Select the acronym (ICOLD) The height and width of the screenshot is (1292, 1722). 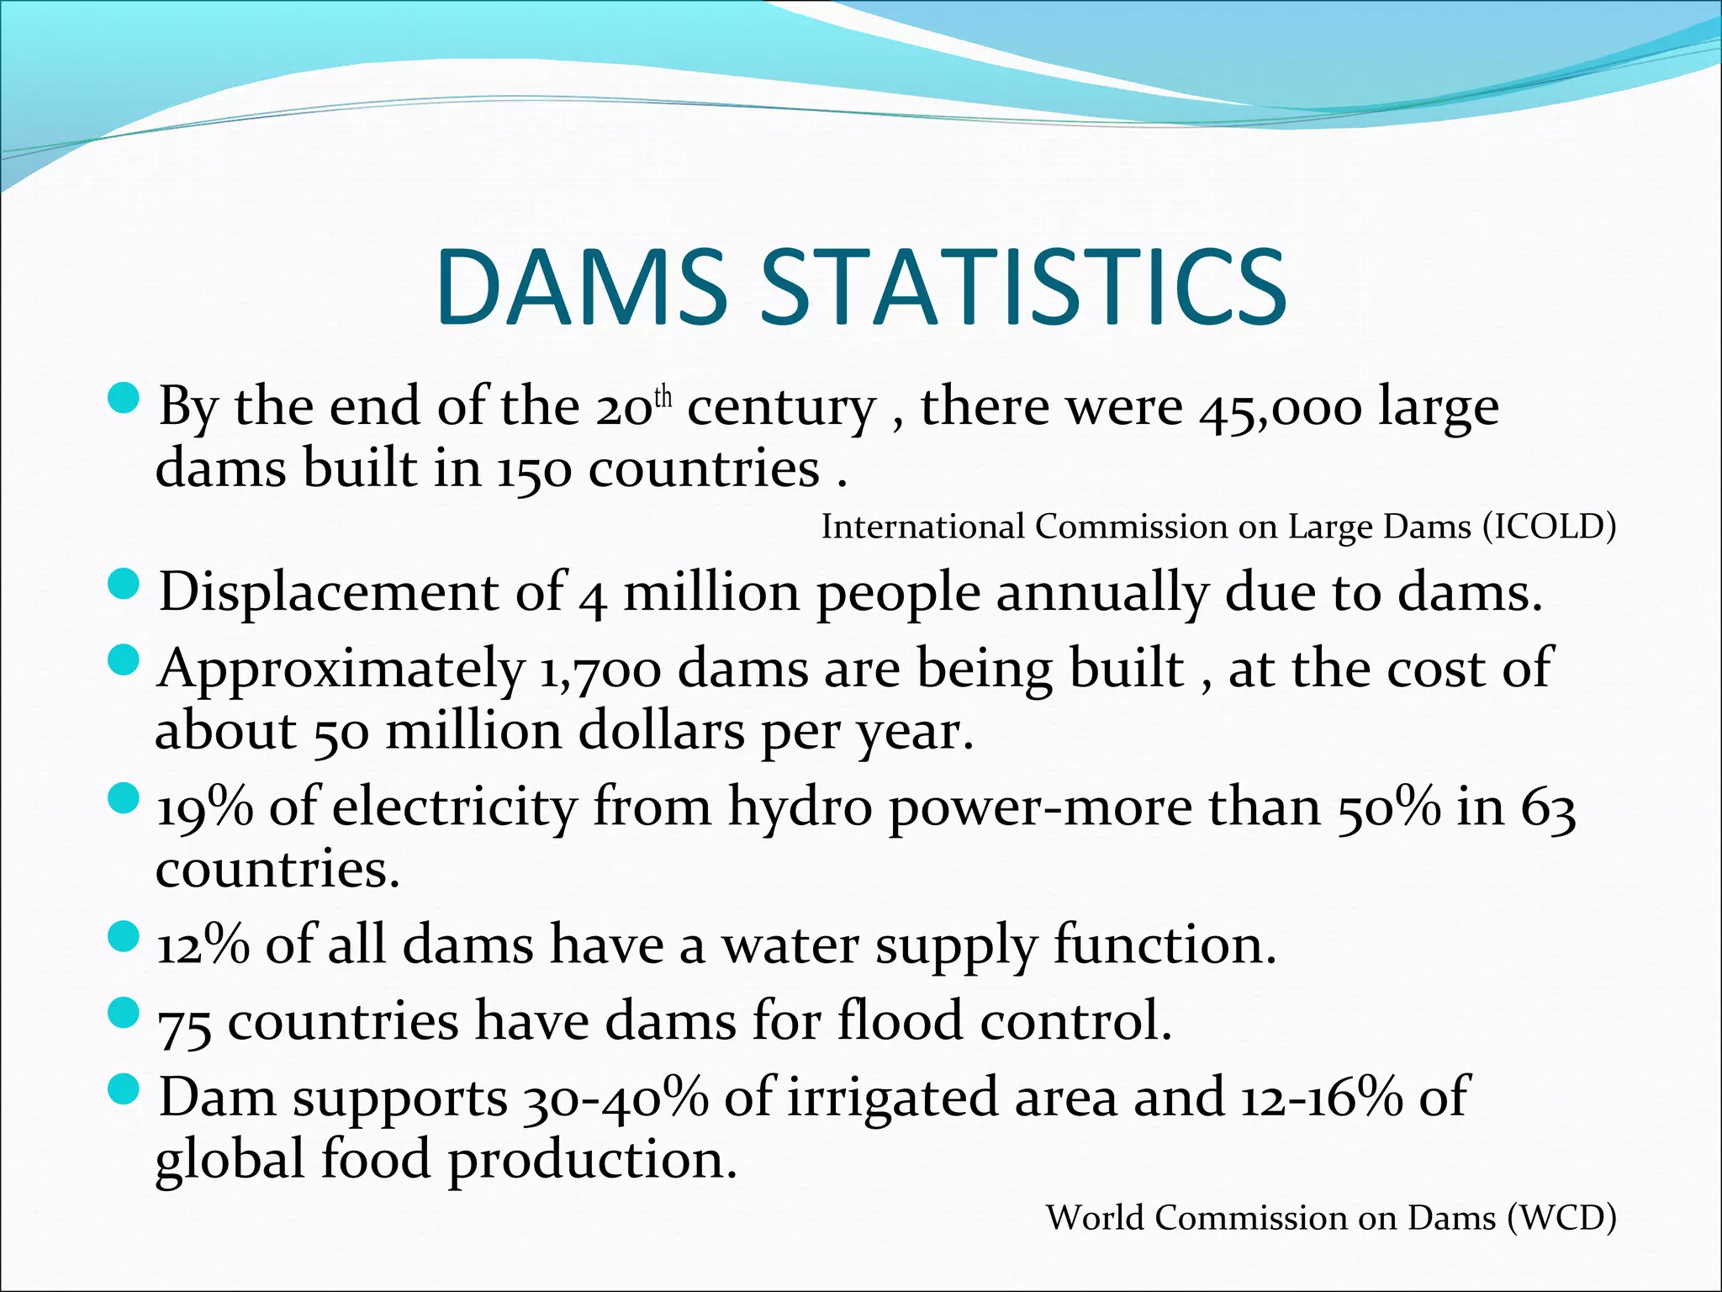1550,527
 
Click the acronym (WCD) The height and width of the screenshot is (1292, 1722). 1561,1218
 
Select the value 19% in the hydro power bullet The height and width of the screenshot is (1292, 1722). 205,807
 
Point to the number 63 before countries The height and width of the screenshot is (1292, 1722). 1548,809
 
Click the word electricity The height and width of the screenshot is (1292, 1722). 455,807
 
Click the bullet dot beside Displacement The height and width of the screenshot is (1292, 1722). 124,584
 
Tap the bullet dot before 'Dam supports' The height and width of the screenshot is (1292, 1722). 124,1090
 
